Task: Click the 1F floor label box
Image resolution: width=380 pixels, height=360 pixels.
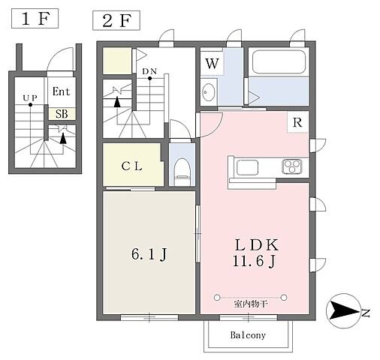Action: point(35,18)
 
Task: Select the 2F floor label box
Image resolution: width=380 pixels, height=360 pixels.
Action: point(116,20)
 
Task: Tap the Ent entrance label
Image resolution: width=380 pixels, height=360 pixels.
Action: point(62,91)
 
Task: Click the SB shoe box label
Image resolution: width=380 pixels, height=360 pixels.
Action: point(62,114)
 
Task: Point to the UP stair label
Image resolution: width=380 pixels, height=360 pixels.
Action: point(30,98)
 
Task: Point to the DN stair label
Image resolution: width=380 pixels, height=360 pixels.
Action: point(149,71)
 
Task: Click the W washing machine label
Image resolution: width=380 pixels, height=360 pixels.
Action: point(213,64)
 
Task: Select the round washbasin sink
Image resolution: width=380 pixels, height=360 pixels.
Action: point(209,91)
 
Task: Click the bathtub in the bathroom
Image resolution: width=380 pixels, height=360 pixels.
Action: point(279,62)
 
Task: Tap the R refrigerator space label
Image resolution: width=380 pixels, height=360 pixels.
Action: point(297,122)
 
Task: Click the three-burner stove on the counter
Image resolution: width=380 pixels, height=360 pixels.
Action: point(292,166)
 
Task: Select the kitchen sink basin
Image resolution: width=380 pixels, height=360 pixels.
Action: point(247,167)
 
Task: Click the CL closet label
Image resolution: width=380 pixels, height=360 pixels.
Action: point(132,166)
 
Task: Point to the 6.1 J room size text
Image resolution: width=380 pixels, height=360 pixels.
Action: point(149,254)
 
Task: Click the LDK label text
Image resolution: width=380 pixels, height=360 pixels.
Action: point(256,245)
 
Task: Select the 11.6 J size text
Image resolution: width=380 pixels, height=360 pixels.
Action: point(254,262)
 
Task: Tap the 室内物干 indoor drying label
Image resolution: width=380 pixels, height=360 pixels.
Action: point(251,304)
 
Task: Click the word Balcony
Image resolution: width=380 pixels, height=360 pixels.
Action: point(248,335)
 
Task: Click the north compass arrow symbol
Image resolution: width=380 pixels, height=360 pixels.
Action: point(343,310)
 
